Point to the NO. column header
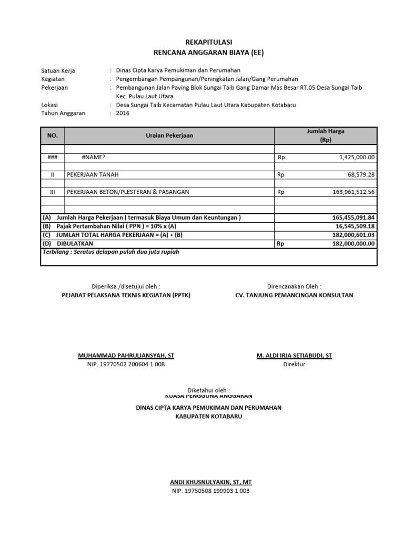pyautogui.click(x=52, y=136)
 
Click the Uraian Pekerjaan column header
pyautogui.click(x=169, y=136)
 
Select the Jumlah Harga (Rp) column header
pyautogui.click(x=325, y=136)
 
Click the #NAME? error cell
pyautogui.click(x=97, y=157)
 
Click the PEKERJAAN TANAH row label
pyautogui.click(x=96, y=174)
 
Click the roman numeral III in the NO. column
pyautogui.click(x=52, y=192)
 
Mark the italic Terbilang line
pyautogui.click(x=111, y=252)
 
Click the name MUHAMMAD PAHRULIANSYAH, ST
pyautogui.click(x=126, y=356)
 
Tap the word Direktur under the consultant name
pyautogui.click(x=294, y=365)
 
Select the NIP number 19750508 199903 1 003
pyautogui.click(x=210, y=491)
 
